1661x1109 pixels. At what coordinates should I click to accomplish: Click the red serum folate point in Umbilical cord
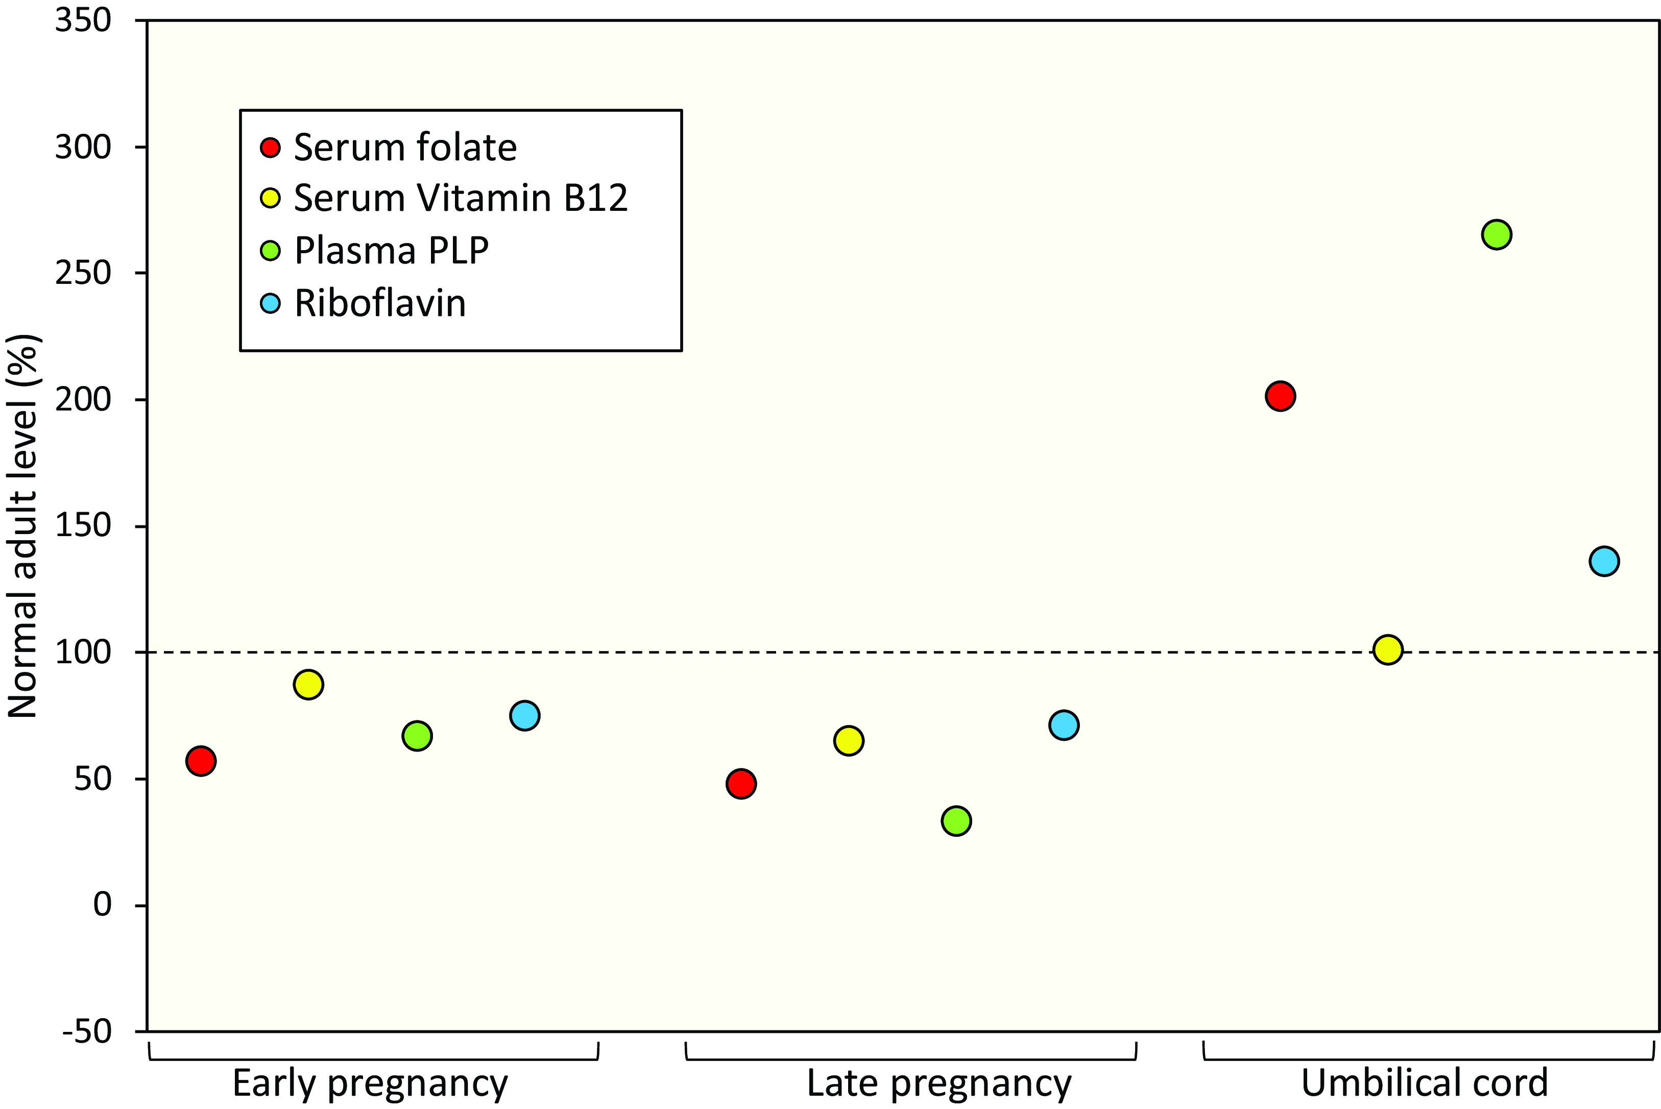pyautogui.click(x=1280, y=396)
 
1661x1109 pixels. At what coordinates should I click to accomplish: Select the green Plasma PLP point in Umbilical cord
pyautogui.click(x=1496, y=234)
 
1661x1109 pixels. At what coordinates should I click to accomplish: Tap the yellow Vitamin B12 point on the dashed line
pyautogui.click(x=1387, y=649)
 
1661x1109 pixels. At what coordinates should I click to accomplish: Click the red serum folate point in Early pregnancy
pyautogui.click(x=201, y=761)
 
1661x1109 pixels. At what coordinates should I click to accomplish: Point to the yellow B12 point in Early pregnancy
pyautogui.click(x=308, y=684)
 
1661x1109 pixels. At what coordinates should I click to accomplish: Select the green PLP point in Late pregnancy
pyautogui.click(x=956, y=821)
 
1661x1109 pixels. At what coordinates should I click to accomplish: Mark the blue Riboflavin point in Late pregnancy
pyautogui.click(x=1064, y=725)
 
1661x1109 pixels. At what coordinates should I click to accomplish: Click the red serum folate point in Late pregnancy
pyautogui.click(x=740, y=784)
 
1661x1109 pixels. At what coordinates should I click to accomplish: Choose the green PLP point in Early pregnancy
pyautogui.click(x=417, y=736)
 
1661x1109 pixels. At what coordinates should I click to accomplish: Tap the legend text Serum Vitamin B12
pyautogui.click(x=461, y=198)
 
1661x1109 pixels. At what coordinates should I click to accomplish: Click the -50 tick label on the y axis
pyautogui.click(x=86, y=1032)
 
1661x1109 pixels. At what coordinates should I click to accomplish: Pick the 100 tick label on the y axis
pyautogui.click(x=83, y=652)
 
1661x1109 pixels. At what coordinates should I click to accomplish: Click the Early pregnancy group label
pyautogui.click(x=370, y=1083)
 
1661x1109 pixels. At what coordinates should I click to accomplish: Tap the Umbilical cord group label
pyautogui.click(x=1424, y=1083)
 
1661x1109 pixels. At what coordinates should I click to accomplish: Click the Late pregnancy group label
pyautogui.click(x=938, y=1083)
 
